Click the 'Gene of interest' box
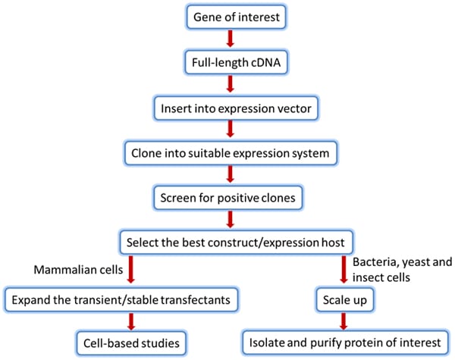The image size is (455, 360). pos(227,14)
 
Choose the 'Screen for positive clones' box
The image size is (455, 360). pos(227,198)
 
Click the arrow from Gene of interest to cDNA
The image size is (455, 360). pos(227,37)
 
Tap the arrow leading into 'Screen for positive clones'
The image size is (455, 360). pos(227,175)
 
